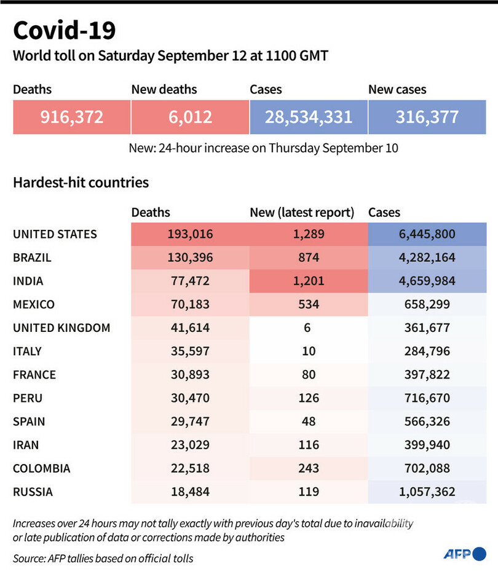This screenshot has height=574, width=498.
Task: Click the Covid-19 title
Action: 63,29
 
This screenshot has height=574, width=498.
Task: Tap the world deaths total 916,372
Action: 72,116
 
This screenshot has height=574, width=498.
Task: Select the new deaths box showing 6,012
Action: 190,116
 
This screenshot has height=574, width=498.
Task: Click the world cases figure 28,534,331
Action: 309,116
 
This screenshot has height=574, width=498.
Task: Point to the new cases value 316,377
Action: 427,116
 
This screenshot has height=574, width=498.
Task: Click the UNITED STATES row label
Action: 55,234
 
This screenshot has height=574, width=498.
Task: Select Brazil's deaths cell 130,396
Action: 190,258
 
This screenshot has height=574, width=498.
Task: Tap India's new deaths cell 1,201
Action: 309,281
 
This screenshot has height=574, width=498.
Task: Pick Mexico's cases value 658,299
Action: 427,304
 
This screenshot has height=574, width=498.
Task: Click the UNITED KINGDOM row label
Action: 61,328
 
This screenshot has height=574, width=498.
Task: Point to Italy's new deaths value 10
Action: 309,351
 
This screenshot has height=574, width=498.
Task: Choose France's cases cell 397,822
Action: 427,374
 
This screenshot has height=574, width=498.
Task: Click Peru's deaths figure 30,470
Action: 190,398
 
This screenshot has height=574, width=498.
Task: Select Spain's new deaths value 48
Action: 309,421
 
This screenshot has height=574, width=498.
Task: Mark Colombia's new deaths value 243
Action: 309,468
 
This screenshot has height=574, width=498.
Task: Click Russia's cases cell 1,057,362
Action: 427,492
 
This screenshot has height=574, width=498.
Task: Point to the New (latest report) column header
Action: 302,213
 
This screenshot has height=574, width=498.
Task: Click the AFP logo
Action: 465,554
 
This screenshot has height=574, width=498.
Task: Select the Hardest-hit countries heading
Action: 81,183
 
